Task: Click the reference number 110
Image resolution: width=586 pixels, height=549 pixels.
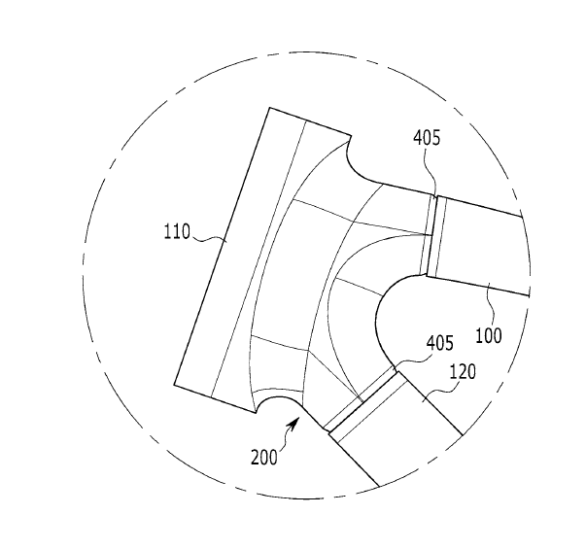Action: click(177, 231)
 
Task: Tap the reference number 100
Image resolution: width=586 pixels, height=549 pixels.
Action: click(488, 335)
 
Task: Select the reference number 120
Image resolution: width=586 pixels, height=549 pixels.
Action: click(463, 372)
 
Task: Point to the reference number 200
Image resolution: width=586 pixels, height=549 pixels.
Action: click(264, 458)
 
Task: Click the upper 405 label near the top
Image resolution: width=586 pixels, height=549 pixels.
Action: click(427, 138)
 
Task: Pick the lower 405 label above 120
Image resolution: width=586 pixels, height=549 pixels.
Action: click(440, 343)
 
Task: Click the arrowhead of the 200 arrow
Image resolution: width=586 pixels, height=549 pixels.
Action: click(294, 424)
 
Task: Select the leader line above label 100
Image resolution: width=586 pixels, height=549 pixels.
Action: click(491, 304)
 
